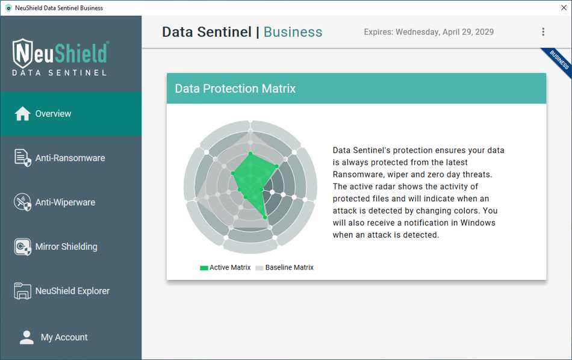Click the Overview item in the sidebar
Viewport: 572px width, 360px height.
click(53, 114)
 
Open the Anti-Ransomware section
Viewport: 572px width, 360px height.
click(70, 158)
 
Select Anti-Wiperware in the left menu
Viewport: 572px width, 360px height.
click(65, 202)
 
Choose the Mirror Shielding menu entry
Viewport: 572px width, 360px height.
click(66, 247)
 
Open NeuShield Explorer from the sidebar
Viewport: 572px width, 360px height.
click(72, 291)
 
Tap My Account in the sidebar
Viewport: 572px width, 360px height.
click(64, 337)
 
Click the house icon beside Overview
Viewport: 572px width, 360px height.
click(22, 114)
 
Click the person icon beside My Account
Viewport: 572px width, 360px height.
click(26, 337)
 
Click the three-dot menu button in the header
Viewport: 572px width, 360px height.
click(543, 32)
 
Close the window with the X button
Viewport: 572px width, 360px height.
click(564, 8)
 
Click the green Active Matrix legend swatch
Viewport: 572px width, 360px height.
click(204, 268)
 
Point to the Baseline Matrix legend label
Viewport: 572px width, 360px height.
click(289, 268)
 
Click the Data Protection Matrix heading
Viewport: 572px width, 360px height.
click(235, 88)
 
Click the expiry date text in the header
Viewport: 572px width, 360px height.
click(429, 32)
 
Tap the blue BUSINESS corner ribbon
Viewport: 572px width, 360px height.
click(558, 61)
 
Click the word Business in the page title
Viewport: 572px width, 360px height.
click(293, 32)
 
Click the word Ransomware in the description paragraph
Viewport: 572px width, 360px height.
click(360, 175)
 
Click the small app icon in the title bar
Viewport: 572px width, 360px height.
click(8, 8)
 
